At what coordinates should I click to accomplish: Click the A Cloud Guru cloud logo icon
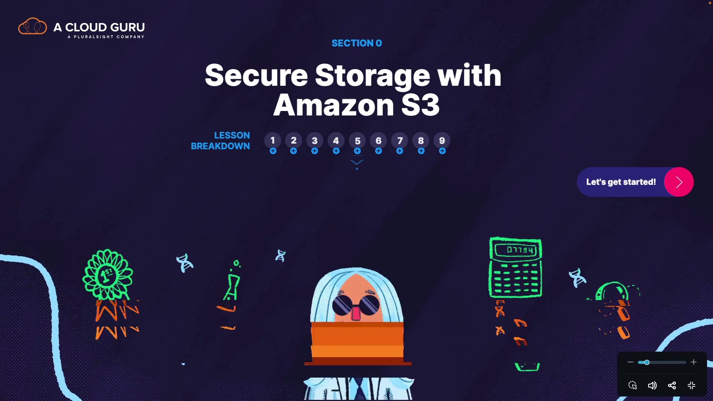(33, 26)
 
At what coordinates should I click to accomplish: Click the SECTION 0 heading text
(356, 43)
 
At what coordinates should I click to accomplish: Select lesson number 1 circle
(273, 141)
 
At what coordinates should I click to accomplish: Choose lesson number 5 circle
(357, 141)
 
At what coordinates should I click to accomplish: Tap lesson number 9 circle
(442, 141)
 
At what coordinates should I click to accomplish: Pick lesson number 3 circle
(315, 141)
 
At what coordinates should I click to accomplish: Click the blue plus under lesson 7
(400, 151)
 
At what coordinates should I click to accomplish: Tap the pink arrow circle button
(679, 182)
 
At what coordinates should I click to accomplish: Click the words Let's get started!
(621, 182)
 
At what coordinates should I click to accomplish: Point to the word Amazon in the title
(333, 105)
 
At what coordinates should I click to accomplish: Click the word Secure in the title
(256, 75)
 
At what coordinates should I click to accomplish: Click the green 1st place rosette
(107, 275)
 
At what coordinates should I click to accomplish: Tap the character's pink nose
(356, 313)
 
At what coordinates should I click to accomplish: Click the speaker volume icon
(652, 385)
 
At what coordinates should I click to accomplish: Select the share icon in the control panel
(672, 385)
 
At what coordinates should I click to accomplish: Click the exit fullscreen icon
(691, 385)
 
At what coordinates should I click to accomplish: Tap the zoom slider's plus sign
(694, 362)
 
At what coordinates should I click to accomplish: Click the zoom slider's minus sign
(630, 362)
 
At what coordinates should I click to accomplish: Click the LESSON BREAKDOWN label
(221, 141)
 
